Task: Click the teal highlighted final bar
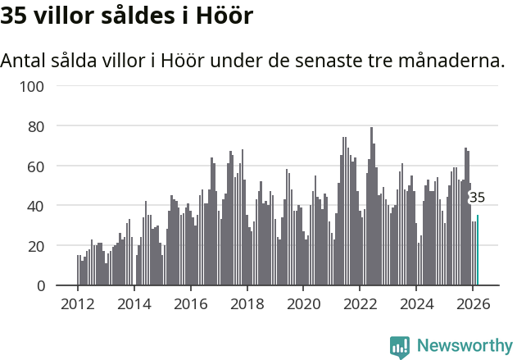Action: pos(478,251)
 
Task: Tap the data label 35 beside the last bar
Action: pos(477,198)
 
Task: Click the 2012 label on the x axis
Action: pos(78,303)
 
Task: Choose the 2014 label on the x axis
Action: pos(134,303)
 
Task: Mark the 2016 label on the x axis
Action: pos(191,303)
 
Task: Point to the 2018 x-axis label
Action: pos(247,303)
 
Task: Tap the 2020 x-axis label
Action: pos(303,303)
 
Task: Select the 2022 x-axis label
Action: pos(360,303)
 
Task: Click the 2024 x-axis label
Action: pos(416,303)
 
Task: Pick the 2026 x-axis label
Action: pos(473,303)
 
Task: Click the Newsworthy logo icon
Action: pos(400,347)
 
